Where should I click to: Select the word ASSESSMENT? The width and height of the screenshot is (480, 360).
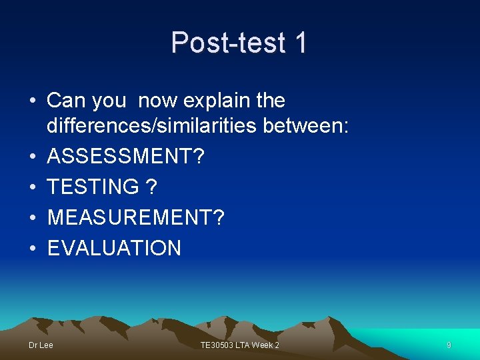(x=127, y=157)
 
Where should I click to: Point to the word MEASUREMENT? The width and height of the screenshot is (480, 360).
(x=136, y=218)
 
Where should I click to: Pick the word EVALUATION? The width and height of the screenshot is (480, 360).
(x=114, y=249)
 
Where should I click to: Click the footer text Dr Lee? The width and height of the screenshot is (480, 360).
(x=41, y=345)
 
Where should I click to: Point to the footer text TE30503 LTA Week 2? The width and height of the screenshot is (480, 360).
(x=240, y=345)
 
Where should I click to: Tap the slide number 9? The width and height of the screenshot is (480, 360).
(x=449, y=345)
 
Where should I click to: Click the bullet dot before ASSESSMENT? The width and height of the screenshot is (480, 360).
(x=33, y=158)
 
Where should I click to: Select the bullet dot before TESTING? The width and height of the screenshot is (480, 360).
(x=33, y=188)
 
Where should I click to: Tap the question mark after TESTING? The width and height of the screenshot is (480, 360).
(x=152, y=187)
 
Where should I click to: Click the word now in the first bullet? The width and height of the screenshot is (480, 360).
(x=159, y=101)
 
